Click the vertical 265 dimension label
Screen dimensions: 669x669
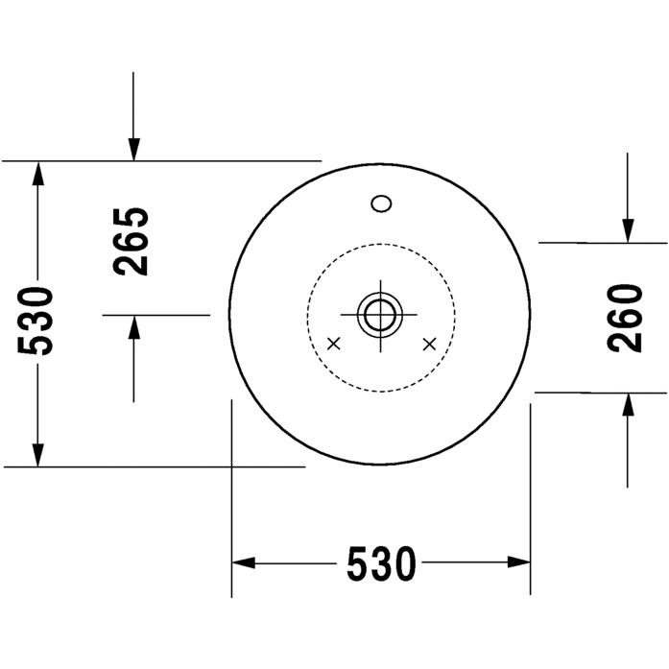(131, 242)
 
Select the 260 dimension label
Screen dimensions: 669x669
(624, 319)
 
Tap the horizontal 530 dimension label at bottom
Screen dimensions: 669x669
(381, 563)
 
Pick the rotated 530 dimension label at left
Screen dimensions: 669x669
(36, 321)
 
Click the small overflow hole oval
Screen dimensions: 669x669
(381, 203)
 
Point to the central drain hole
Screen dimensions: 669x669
(380, 315)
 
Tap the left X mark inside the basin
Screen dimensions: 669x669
(334, 343)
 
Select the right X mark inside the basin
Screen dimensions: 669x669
(429, 344)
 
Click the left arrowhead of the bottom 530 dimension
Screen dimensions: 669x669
(243, 562)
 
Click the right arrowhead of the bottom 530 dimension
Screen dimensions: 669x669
(519, 562)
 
